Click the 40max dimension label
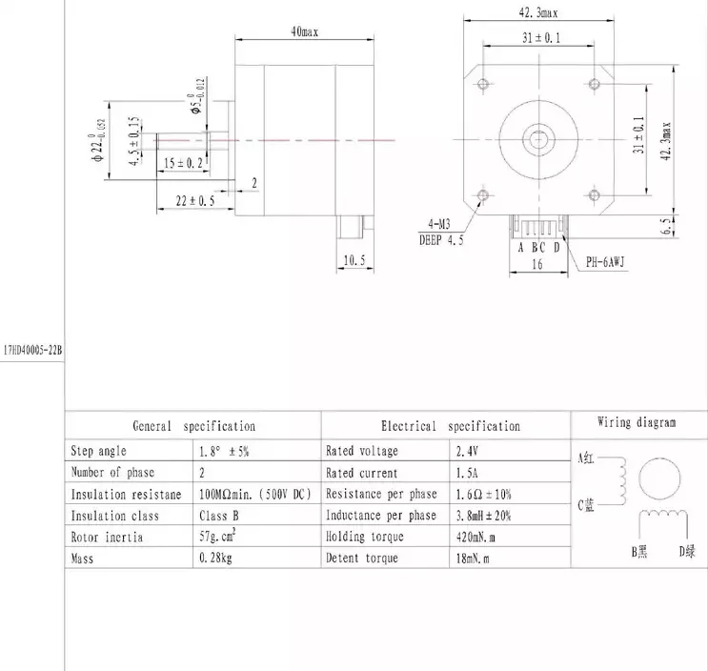(304, 31)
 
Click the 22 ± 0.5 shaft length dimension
(194, 201)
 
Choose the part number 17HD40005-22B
(31, 350)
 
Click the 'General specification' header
(193, 426)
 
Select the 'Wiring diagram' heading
(637, 422)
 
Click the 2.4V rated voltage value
(467, 450)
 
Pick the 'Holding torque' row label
(365, 537)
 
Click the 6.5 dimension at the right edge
(665, 226)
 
